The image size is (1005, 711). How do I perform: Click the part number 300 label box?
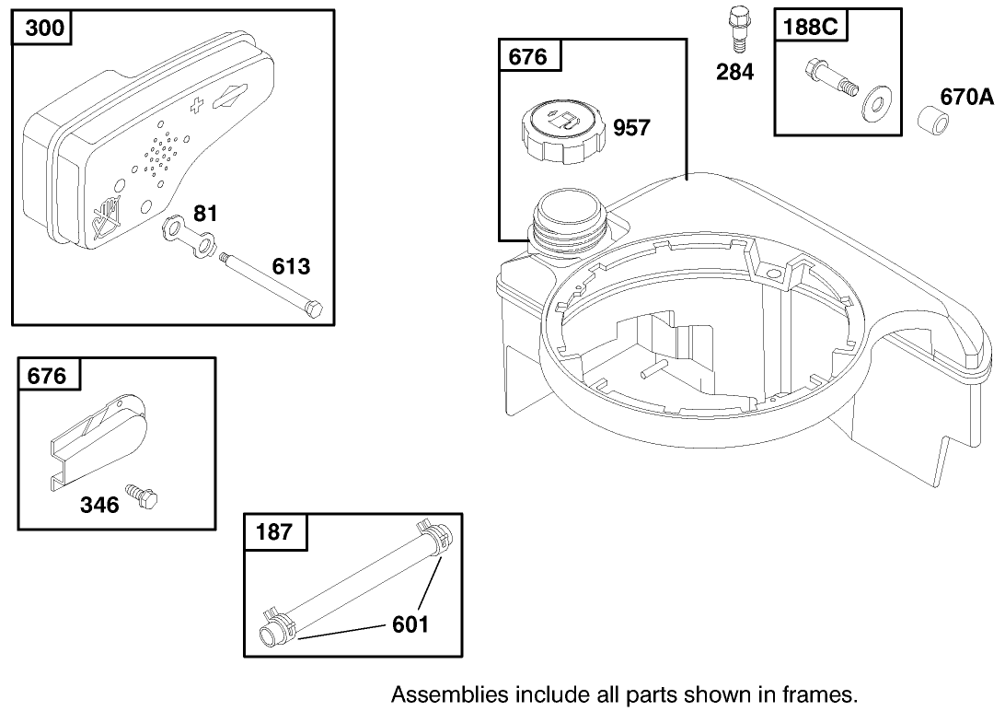[x=44, y=28]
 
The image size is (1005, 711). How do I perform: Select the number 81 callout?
[x=206, y=216]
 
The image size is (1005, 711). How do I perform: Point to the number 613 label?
[x=291, y=267]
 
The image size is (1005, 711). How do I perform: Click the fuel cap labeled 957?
[x=562, y=130]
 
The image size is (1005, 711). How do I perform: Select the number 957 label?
[x=631, y=128]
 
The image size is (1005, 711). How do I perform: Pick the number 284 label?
[x=735, y=72]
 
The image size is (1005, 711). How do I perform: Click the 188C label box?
[x=810, y=27]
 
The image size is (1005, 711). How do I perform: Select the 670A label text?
[x=966, y=96]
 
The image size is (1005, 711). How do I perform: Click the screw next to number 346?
[x=142, y=496]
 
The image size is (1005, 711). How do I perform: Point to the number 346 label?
[x=99, y=505]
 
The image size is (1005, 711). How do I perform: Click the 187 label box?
[x=274, y=531]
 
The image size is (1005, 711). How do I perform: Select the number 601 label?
[x=410, y=624]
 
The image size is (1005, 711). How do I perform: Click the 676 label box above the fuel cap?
[x=528, y=57]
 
